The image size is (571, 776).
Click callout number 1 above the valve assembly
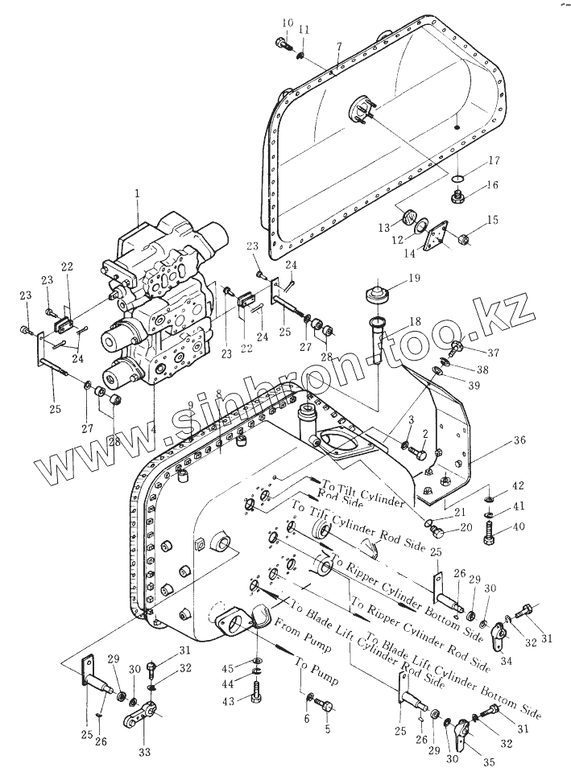(x=137, y=193)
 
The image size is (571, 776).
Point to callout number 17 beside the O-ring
(x=493, y=160)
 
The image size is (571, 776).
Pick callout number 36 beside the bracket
(x=519, y=440)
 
